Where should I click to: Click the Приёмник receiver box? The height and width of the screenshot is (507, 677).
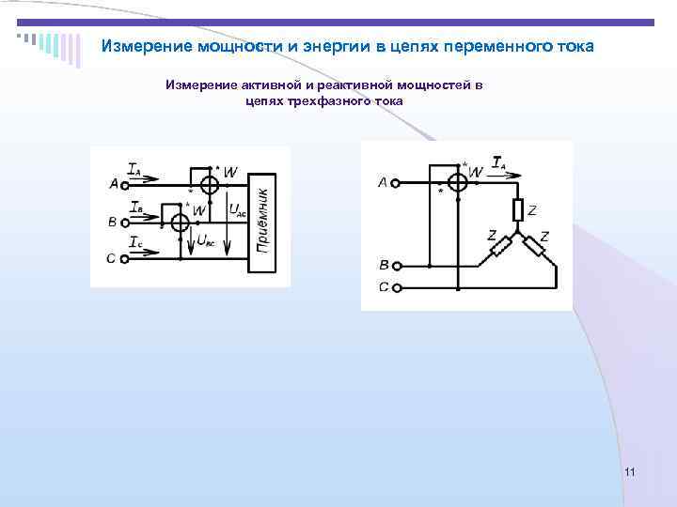coord(262,223)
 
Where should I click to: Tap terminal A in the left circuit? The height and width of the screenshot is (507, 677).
coord(125,184)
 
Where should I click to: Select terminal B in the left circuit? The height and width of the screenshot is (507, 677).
coord(125,223)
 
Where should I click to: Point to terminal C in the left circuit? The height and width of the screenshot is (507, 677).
coord(125,258)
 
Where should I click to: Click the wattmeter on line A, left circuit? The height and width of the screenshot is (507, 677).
coord(209,185)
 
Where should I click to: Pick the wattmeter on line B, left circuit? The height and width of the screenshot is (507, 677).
coord(176,223)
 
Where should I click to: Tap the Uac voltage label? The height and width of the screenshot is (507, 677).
coord(240,211)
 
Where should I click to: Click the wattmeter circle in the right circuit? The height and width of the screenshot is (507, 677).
coord(459,182)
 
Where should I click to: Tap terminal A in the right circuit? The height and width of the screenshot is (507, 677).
coord(397,182)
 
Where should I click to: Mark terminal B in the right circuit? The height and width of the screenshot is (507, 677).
coord(398,267)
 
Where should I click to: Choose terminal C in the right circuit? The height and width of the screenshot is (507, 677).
coord(398,287)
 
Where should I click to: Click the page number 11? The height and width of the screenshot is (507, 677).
coord(629,471)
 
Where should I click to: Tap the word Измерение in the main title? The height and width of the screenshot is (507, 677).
coord(147,46)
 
